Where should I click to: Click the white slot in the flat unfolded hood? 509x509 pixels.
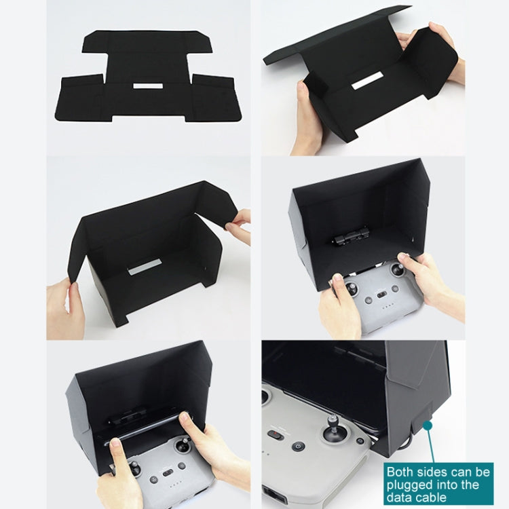148,86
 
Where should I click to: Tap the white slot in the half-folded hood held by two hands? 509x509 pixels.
367,82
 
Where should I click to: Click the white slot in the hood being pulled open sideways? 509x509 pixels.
145,267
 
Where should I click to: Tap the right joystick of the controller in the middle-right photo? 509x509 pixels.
398,269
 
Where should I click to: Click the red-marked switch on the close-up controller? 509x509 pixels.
275,434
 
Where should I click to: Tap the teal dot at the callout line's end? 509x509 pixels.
428,424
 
